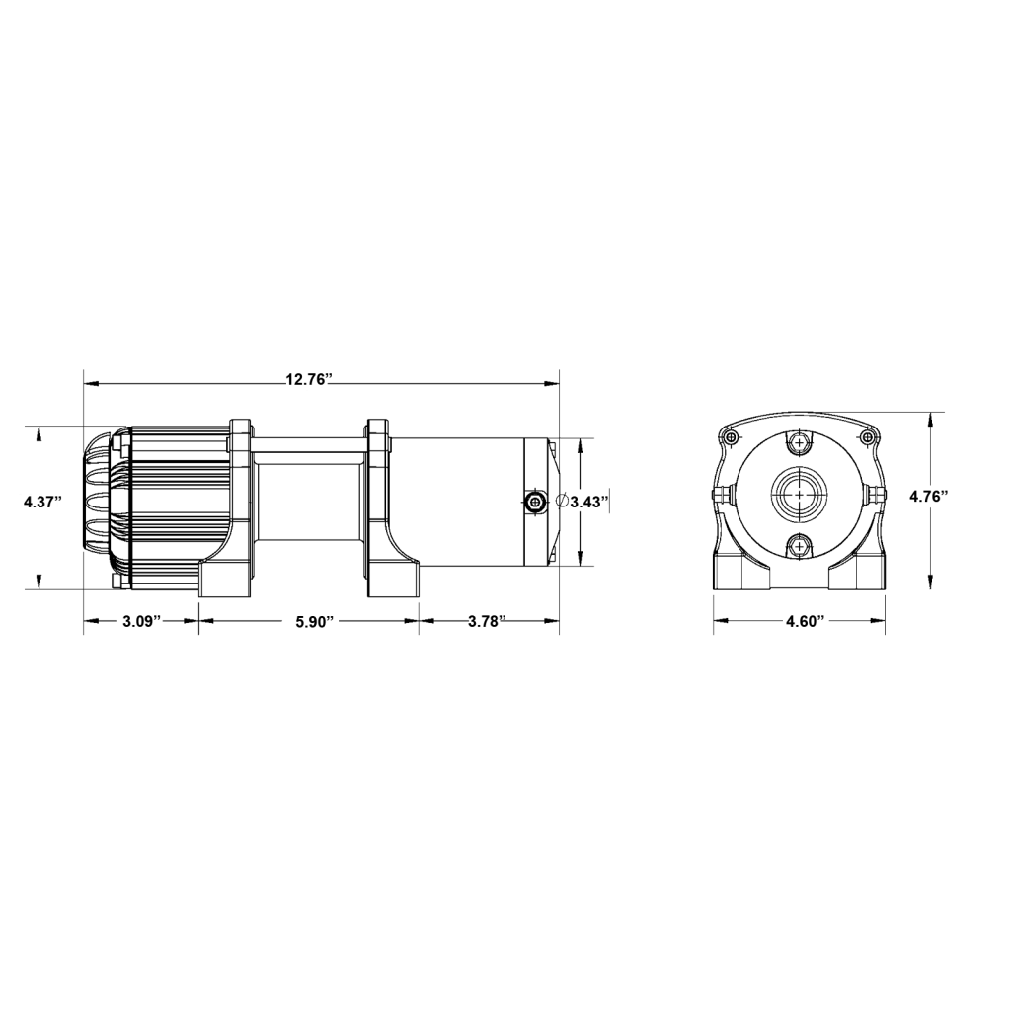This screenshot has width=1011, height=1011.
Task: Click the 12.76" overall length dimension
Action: (x=309, y=378)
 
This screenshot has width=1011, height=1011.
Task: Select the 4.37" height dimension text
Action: (x=42, y=501)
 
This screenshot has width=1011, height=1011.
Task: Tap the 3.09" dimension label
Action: (x=141, y=621)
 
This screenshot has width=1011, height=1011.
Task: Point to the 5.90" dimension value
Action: (x=314, y=621)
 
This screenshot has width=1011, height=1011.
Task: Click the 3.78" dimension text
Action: (x=485, y=621)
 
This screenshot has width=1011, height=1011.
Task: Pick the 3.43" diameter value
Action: (x=589, y=501)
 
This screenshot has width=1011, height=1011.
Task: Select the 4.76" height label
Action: (x=928, y=496)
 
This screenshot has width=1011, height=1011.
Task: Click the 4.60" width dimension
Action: (x=806, y=621)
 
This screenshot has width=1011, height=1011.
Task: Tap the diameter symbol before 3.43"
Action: (x=562, y=501)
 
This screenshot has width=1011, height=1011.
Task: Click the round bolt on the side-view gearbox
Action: (x=534, y=502)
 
